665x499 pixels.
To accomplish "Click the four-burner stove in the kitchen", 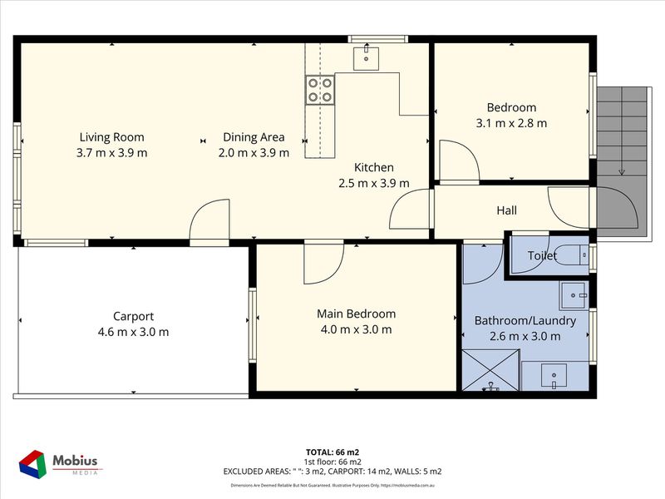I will pos(319,89).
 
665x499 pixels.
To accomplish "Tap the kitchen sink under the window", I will pos(366,57).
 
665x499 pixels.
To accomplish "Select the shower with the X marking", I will pos(490,370).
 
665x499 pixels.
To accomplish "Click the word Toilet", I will pos(540,256).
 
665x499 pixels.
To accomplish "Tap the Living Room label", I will pos(111,137).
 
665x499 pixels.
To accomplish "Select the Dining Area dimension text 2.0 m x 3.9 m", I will pos(254,152).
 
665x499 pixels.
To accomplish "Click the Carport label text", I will pos(133,316).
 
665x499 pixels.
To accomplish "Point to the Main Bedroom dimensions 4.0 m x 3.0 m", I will pos(356,329).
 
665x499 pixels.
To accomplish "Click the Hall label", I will pos(507,210).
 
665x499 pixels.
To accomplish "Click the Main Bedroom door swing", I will pos(323,262).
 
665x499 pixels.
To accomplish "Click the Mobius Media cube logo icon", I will pos(32,463).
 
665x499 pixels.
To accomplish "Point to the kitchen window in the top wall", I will pos(377,37).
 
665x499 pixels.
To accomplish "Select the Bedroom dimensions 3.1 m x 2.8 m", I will pos(511,123).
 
